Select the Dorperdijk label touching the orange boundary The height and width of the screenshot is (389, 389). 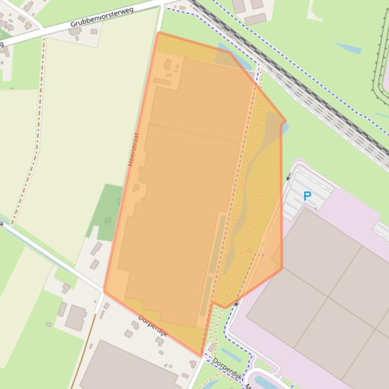click(x=153, y=325)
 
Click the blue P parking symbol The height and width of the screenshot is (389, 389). click(x=307, y=196)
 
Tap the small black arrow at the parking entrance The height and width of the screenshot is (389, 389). click(x=289, y=177)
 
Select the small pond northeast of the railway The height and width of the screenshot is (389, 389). click(x=348, y=48)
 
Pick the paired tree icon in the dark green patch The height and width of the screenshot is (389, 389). click(x=108, y=221)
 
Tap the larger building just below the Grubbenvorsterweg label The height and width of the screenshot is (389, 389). click(x=75, y=31)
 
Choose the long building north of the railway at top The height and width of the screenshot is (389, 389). click(x=255, y=19)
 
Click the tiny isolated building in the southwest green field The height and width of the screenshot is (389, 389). click(x=49, y=324)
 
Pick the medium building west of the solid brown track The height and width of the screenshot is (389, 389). click(x=76, y=318)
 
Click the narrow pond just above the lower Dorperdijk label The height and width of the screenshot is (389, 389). click(x=231, y=355)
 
